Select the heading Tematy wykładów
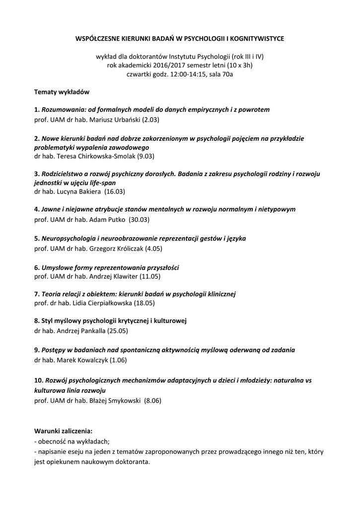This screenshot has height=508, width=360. (62, 92)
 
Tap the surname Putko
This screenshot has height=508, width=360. (116, 219)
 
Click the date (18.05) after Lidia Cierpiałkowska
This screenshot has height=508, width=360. (143, 303)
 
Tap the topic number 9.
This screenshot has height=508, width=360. (36, 350)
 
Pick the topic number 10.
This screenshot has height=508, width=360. (38, 380)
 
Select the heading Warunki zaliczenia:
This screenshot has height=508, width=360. (63, 431)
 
